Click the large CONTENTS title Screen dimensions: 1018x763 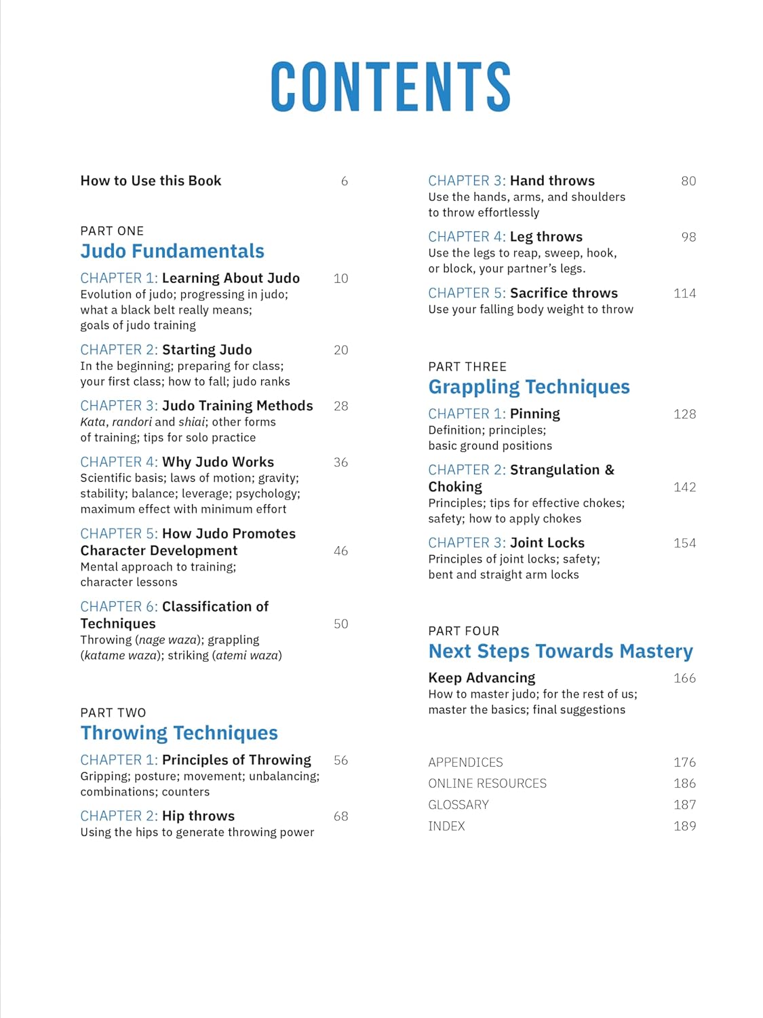pyautogui.click(x=390, y=86)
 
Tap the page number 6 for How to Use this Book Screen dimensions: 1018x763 pyautogui.click(x=345, y=181)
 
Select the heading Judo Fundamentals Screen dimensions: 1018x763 pyautogui.click(x=172, y=251)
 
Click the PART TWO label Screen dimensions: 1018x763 pyautogui.click(x=113, y=713)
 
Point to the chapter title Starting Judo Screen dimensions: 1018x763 pyautogui.click(x=207, y=350)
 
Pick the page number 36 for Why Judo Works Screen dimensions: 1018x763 pyautogui.click(x=340, y=462)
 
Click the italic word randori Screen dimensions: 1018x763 pyautogui.click(x=132, y=421)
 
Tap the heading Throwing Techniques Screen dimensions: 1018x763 pyautogui.click(x=179, y=733)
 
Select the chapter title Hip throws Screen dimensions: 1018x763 pyautogui.click(x=198, y=816)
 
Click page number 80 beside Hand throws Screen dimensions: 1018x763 pyautogui.click(x=688, y=181)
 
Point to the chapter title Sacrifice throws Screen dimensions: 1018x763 pyautogui.click(x=564, y=293)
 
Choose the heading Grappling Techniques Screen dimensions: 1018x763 pyautogui.click(x=529, y=387)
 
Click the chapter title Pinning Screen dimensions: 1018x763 pyautogui.click(x=535, y=414)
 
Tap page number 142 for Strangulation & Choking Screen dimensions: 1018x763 pyautogui.click(x=684, y=487)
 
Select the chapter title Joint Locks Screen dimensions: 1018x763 pyautogui.click(x=547, y=543)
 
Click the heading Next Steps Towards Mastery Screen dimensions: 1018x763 pyautogui.click(x=560, y=652)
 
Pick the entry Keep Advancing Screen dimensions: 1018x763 pyautogui.click(x=482, y=678)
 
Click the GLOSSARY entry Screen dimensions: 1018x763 pyautogui.click(x=458, y=805)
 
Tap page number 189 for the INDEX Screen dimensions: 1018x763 pyautogui.click(x=684, y=826)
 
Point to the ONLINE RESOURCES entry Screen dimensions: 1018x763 pyautogui.click(x=487, y=783)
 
